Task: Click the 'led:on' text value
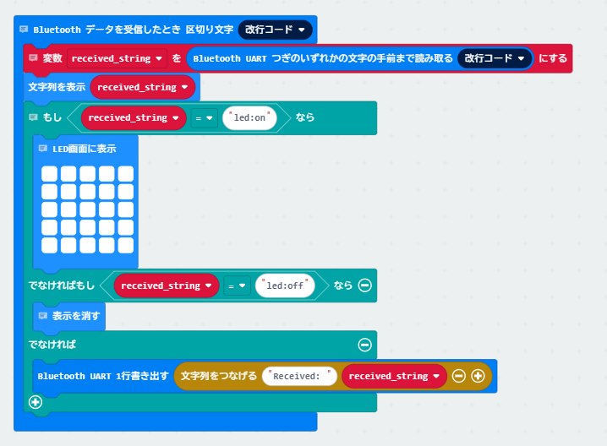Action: (x=249, y=117)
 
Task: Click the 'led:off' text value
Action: (x=285, y=286)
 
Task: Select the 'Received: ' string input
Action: (x=299, y=376)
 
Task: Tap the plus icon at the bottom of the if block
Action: (x=36, y=402)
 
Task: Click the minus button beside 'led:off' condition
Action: (x=364, y=286)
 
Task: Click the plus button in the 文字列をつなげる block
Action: (x=478, y=376)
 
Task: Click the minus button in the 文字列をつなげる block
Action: (x=459, y=376)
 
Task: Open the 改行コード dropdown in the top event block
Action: (x=276, y=30)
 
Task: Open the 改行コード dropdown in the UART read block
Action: (x=495, y=58)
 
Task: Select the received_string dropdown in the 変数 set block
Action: (x=117, y=58)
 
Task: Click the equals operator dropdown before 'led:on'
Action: (x=204, y=118)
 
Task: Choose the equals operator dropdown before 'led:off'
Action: (x=237, y=286)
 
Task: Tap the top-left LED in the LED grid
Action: (x=50, y=174)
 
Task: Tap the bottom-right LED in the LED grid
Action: (x=126, y=245)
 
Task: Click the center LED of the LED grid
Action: (x=87, y=209)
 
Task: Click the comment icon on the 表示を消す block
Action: (x=42, y=316)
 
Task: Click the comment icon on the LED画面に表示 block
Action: (x=42, y=149)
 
